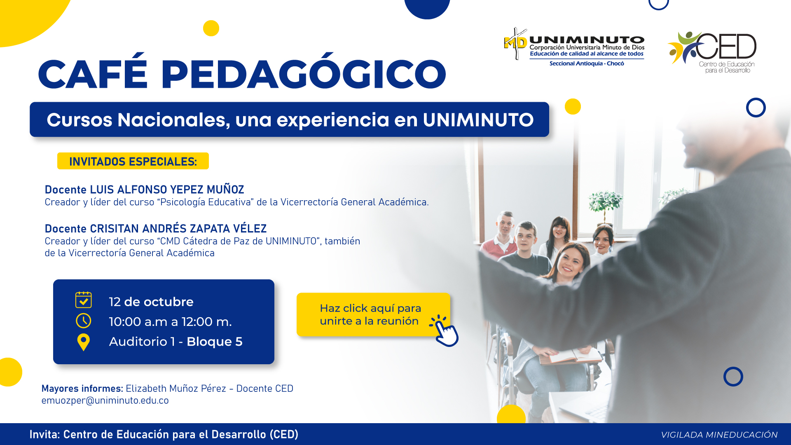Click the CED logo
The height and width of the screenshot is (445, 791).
[x=712, y=52]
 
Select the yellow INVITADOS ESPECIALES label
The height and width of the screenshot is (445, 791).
[x=133, y=161]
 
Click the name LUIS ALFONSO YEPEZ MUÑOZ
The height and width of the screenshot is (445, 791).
[x=167, y=190]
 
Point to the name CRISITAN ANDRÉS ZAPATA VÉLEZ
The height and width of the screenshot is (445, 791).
[x=178, y=228]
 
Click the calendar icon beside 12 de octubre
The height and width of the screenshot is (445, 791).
[x=84, y=300]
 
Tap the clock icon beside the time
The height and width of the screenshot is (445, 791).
[x=84, y=321]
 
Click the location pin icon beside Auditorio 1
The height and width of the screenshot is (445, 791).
[x=84, y=342]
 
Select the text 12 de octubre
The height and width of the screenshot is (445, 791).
[x=151, y=302]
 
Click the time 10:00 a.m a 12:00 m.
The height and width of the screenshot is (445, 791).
[x=171, y=321]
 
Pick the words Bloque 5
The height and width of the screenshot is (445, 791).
[x=215, y=342]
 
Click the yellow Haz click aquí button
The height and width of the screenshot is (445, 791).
[x=373, y=315]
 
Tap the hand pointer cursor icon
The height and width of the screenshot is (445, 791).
[x=445, y=331]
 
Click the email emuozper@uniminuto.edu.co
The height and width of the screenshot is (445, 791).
[x=105, y=400]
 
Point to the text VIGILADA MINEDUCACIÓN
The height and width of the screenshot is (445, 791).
[x=719, y=435]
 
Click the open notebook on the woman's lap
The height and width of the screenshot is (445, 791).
[x=571, y=356]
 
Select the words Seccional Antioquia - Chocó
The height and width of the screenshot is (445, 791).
[x=587, y=63]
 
